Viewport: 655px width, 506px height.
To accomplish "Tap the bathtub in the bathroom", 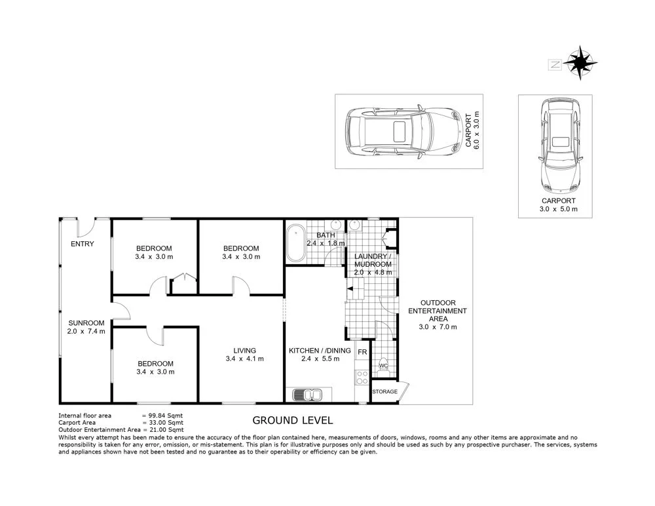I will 296,243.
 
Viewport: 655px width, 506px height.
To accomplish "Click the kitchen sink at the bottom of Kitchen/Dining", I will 307,395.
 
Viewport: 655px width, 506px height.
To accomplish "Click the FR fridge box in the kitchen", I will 362,351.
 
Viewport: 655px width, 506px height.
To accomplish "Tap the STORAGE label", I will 384,392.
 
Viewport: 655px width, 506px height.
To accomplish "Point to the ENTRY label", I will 83,244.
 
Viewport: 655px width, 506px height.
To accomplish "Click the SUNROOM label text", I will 86,322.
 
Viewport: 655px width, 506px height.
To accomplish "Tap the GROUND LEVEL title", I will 293,420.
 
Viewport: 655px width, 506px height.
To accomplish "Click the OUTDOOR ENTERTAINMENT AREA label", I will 438,310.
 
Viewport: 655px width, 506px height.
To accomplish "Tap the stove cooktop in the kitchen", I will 361,378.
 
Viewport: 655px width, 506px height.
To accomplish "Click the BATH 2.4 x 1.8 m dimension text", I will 326,243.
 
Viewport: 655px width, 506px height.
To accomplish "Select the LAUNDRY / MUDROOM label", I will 373,260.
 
